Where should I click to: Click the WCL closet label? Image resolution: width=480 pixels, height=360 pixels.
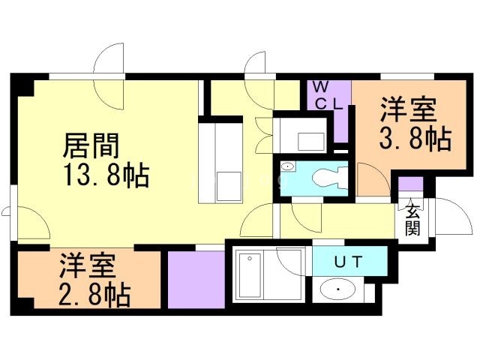328,94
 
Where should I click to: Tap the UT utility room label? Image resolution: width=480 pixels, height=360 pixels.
348,262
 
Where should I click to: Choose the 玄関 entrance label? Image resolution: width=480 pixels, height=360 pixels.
412,220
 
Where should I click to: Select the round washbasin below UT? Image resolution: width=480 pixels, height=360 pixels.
340,289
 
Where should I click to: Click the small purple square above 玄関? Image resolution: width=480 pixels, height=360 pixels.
409,184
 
